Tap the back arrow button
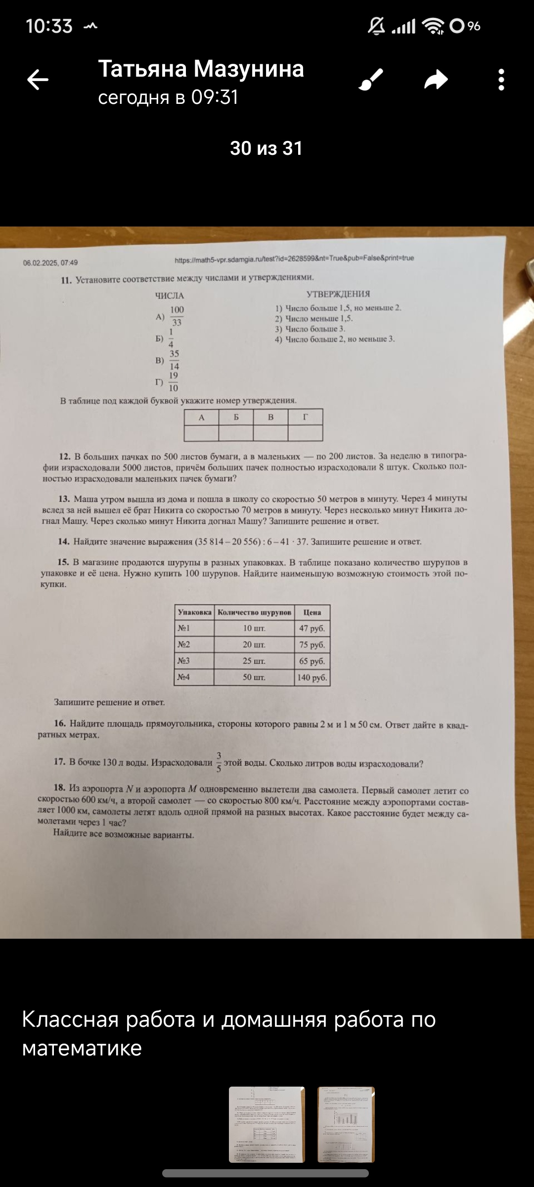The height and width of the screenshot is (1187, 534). (38, 80)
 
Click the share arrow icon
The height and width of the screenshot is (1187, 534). (436, 80)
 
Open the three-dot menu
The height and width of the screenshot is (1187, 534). (501, 80)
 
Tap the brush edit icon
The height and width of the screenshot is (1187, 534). (371, 80)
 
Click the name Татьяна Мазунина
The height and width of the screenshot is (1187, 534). (201, 69)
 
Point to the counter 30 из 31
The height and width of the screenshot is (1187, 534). (266, 148)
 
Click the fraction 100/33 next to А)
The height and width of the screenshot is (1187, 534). (177, 316)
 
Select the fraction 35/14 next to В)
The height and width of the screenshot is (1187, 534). (174, 360)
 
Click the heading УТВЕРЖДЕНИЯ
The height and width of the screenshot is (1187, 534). (338, 294)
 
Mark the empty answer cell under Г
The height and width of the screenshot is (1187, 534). (305, 433)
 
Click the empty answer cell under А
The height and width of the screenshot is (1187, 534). (201, 433)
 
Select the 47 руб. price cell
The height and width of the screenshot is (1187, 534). (312, 629)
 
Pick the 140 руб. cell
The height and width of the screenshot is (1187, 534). (312, 678)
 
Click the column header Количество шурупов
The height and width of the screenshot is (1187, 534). (254, 612)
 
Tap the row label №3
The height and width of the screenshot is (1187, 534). (184, 661)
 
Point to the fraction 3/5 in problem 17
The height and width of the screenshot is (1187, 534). (219, 762)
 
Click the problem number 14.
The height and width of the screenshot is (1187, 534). (64, 542)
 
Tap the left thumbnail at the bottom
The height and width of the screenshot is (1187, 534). (267, 1124)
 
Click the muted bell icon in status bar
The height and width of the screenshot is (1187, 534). (376, 26)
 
